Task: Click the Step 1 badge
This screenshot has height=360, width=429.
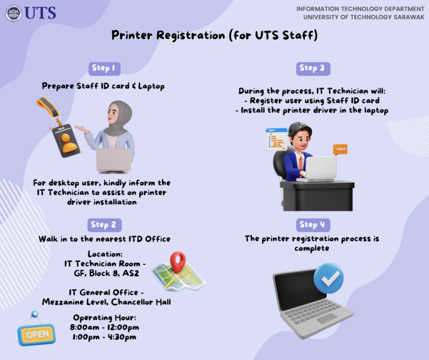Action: click(x=104, y=68)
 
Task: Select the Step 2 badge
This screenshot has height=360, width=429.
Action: click(x=104, y=225)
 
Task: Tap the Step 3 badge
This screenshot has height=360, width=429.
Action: click(x=313, y=68)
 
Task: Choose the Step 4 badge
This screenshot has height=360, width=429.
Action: click(x=313, y=225)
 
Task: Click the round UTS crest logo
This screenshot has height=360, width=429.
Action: click(x=13, y=13)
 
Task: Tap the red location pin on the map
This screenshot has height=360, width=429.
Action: click(x=178, y=262)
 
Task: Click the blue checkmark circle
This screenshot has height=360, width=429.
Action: click(x=328, y=278)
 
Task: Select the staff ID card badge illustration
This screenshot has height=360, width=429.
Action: click(x=66, y=140)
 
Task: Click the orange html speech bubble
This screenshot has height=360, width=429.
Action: click(x=340, y=149)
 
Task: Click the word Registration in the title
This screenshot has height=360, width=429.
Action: click(x=190, y=35)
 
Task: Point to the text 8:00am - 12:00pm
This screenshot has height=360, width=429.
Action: click(x=104, y=327)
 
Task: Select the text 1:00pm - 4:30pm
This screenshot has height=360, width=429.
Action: click(x=104, y=337)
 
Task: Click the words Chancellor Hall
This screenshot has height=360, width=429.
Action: click(x=141, y=302)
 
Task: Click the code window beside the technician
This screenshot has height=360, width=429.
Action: click(x=277, y=139)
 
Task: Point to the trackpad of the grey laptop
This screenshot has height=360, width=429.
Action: click(x=327, y=319)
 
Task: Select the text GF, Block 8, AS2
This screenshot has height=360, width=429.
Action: click(x=107, y=273)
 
